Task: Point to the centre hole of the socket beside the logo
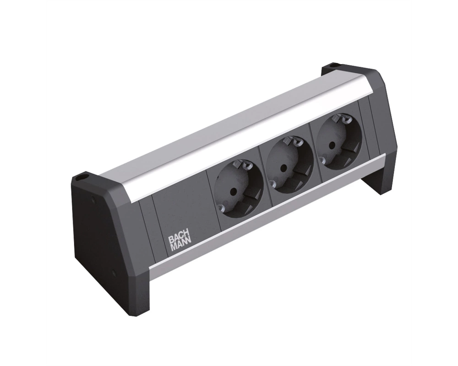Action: click(x=233, y=192)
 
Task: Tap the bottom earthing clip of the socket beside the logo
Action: click(x=221, y=207)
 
